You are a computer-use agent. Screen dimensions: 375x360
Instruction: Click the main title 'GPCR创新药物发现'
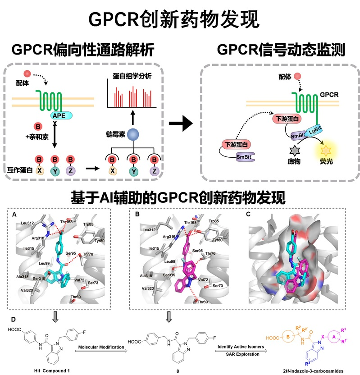click(x=180, y=19)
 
